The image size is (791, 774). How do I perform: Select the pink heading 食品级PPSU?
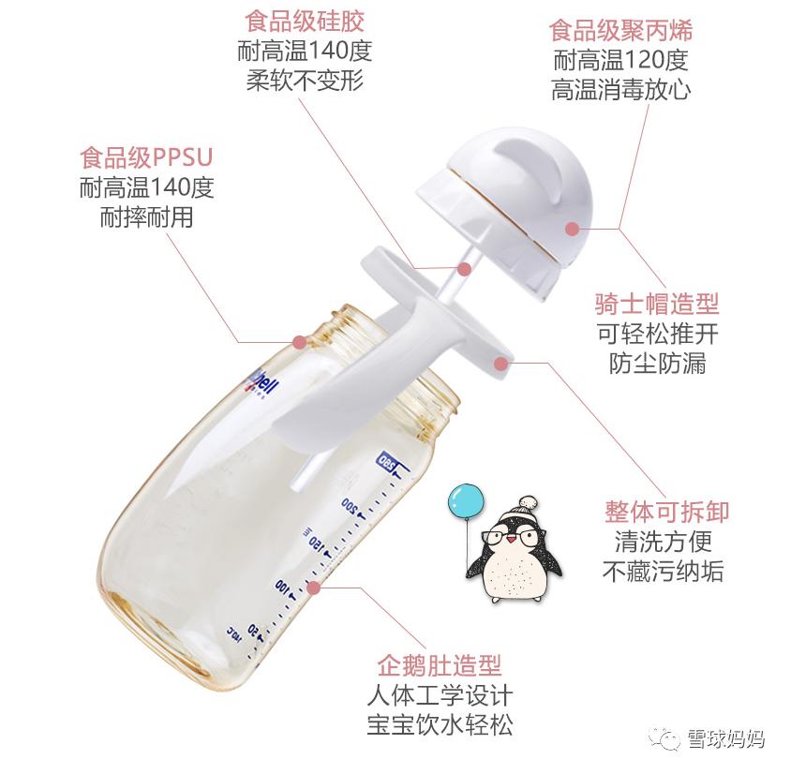pos(146,156)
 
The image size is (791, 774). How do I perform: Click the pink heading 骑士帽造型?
pos(657,304)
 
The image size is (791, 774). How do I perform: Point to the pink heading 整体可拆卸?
pos(666,513)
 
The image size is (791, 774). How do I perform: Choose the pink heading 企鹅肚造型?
pos(440,666)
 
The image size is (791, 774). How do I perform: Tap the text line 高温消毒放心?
pos(620,90)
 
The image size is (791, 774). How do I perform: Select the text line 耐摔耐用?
pos(146,217)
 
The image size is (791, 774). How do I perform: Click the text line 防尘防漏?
pos(657,364)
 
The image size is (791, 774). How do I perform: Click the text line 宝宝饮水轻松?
pos(440,725)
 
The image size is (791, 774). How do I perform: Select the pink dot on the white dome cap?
pos(572,228)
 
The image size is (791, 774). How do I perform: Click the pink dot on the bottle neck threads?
pos(299,343)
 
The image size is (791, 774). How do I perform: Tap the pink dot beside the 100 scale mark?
pos(314,588)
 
